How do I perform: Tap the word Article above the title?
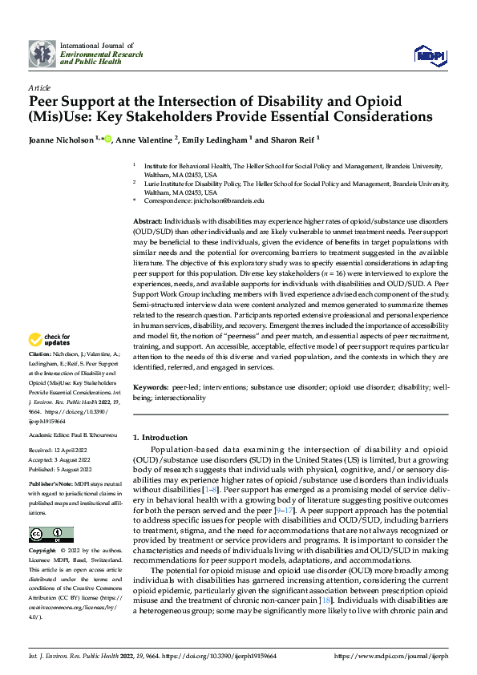(39, 87)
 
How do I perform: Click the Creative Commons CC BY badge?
(51, 512)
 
